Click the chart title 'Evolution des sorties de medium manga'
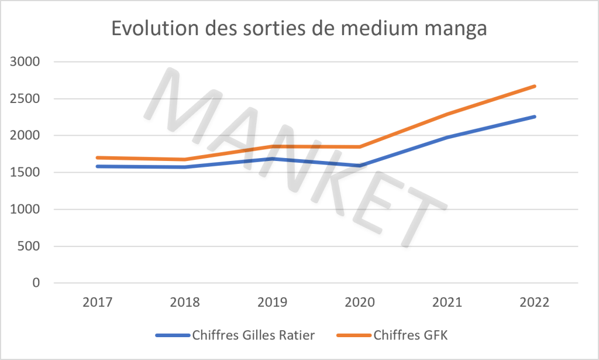[299, 29]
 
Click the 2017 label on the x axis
[98, 303]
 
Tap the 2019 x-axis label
[272, 303]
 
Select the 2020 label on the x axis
[359, 303]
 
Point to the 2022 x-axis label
[533, 303]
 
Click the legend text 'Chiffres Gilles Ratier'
[253, 335]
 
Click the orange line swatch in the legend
[354, 335]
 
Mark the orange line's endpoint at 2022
[535, 86]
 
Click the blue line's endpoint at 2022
[535, 116]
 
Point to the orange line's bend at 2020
[360, 146]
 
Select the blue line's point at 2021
[447, 137]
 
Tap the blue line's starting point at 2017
[97, 166]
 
